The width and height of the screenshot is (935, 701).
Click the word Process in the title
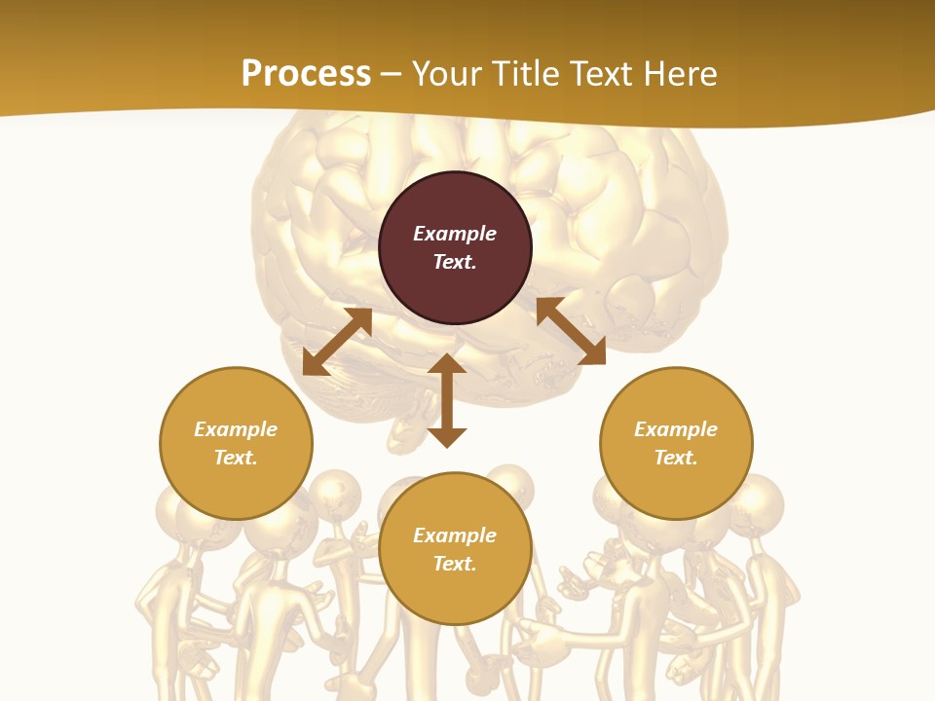click(306, 74)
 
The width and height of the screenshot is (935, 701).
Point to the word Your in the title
click(446, 74)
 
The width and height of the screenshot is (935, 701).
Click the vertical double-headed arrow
click(447, 400)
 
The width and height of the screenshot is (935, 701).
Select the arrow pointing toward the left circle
click(337, 342)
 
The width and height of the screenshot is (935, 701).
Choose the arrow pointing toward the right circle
click(571, 331)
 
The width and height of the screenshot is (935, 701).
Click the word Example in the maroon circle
click(455, 234)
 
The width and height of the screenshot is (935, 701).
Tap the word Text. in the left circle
click(236, 458)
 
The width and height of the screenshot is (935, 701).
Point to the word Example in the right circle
click(676, 429)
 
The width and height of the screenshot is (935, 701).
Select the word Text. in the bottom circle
click(455, 564)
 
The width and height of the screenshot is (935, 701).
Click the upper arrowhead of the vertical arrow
click(447, 364)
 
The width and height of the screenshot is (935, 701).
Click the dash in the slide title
click(392, 75)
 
